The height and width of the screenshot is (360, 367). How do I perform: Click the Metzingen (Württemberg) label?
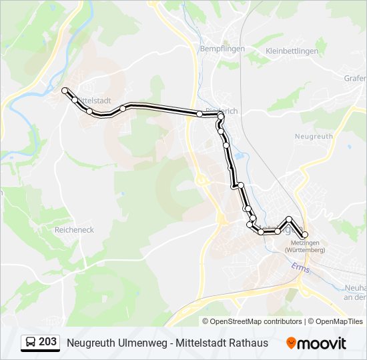304,247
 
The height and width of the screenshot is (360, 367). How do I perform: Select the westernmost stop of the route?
65,90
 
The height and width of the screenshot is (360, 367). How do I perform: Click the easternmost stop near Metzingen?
305,235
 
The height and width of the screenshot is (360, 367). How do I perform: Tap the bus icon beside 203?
30,343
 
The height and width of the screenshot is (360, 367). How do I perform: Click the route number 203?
47,342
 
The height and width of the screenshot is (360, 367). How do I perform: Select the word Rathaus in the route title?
246,343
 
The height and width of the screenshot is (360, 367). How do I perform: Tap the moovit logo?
316,343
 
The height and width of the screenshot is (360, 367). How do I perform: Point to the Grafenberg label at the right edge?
355,78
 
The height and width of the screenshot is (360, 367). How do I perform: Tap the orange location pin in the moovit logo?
292,343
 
